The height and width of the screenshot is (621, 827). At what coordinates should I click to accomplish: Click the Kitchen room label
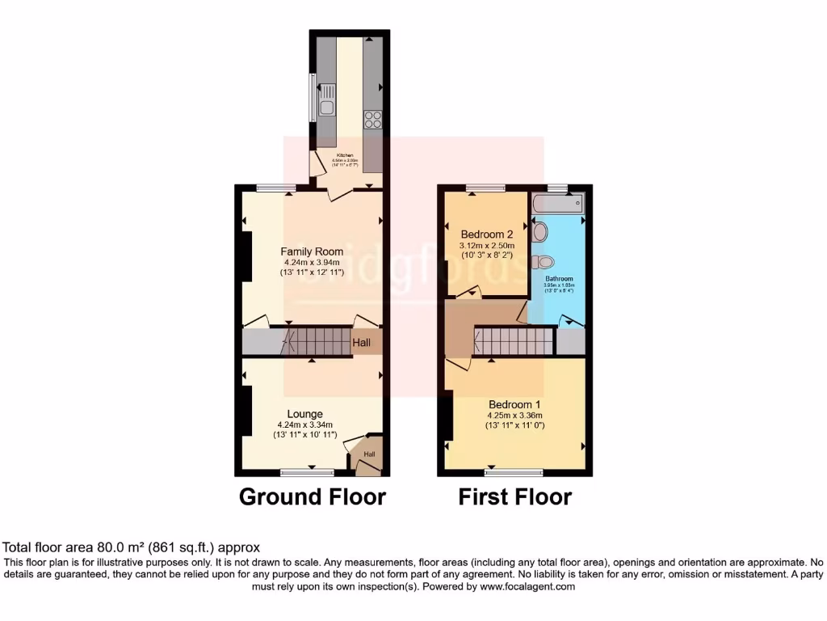[345, 154]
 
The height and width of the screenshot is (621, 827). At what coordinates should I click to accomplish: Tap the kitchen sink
[327, 106]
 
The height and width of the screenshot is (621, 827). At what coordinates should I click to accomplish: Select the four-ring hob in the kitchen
[373, 119]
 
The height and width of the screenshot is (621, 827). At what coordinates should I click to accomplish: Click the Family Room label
[313, 251]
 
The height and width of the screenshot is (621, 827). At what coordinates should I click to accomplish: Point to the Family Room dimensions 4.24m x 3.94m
[313, 262]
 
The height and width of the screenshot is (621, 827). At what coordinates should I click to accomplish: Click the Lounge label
[304, 414]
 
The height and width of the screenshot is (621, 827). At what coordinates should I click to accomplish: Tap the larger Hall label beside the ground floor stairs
[362, 344]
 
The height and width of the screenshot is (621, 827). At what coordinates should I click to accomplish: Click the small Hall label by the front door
[369, 454]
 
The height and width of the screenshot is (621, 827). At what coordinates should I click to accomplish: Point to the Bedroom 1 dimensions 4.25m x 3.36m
[514, 415]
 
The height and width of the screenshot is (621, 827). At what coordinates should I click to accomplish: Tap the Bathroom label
[558, 279]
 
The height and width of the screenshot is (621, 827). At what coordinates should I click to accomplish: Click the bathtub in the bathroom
[558, 203]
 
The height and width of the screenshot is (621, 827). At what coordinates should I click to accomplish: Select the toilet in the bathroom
[544, 261]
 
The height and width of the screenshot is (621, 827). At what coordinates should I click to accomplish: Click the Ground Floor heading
[312, 496]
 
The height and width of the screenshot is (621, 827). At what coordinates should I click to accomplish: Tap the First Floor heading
[514, 496]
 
